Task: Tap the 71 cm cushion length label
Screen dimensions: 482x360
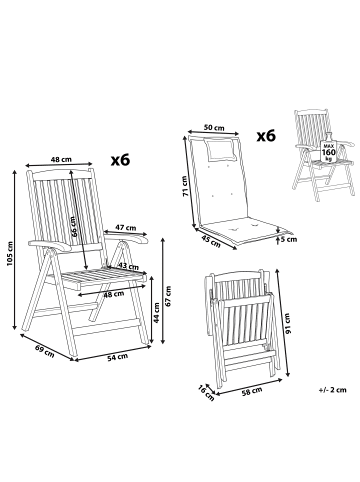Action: (x=183, y=186)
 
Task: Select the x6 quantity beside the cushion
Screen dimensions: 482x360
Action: (x=265, y=136)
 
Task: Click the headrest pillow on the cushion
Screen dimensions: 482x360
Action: (x=220, y=149)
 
